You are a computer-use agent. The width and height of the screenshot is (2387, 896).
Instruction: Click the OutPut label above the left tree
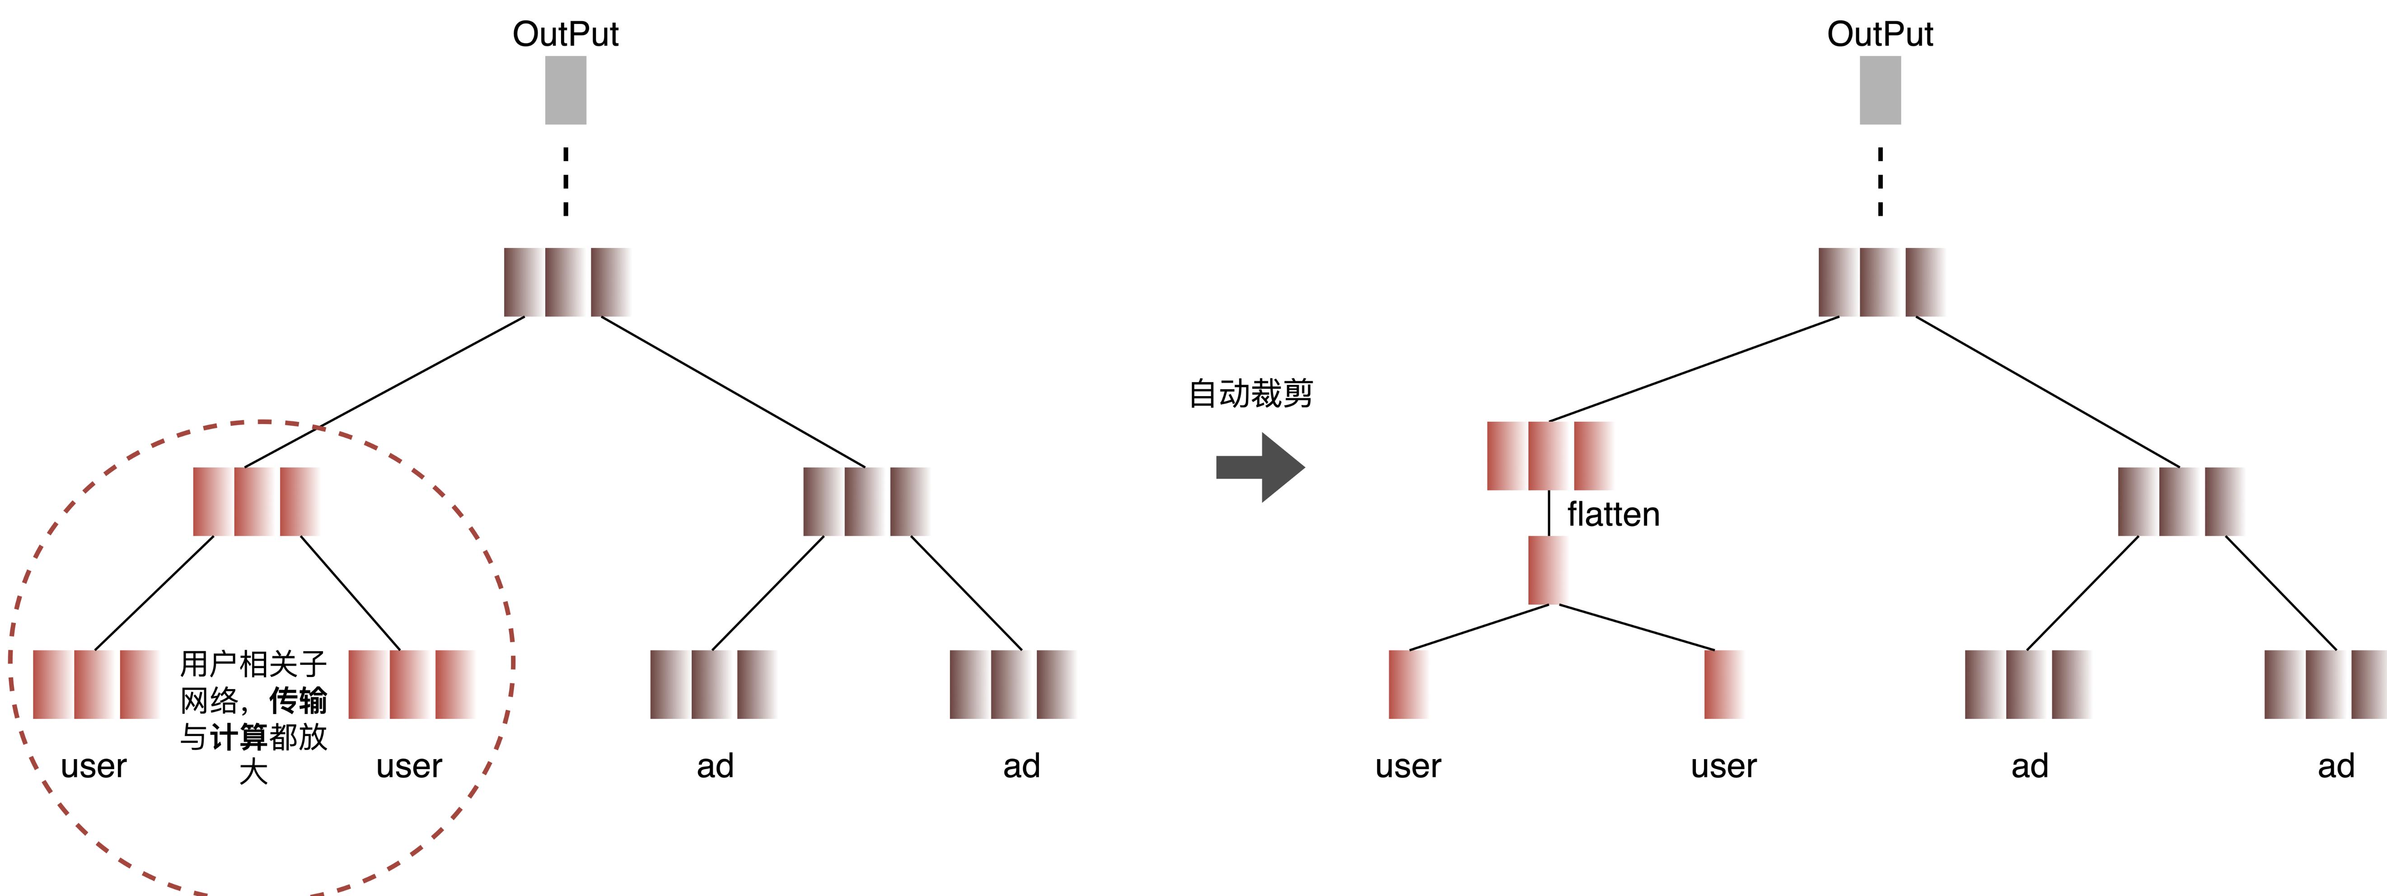[565, 34]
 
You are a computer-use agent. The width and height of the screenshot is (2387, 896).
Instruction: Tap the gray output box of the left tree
[565, 90]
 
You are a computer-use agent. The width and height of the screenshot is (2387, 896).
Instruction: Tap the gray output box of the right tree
[1880, 90]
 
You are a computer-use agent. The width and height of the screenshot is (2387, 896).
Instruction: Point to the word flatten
[1613, 514]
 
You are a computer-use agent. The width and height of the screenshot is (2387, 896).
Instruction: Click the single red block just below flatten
[1548, 570]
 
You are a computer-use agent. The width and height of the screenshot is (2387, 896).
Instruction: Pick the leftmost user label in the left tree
[94, 766]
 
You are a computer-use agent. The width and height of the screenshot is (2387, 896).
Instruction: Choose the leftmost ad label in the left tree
[716, 766]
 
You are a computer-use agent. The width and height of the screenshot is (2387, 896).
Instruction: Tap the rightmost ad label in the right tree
[2335, 766]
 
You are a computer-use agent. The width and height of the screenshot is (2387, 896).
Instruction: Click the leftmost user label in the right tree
[1408, 766]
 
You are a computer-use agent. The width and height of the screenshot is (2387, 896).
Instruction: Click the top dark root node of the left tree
[566, 282]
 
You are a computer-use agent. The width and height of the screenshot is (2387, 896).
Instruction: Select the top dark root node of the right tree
[1880, 282]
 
